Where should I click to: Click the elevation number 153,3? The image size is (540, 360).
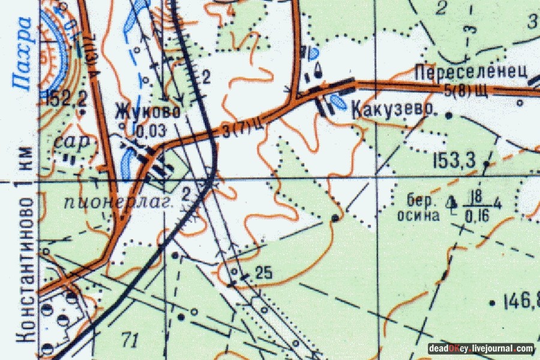click(454, 160)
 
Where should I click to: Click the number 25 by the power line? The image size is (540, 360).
click(263, 273)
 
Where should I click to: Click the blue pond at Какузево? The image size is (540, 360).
click(337, 102)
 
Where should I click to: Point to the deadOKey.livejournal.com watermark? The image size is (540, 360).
click(480, 349)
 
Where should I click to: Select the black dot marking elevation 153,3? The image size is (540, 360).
click(486, 163)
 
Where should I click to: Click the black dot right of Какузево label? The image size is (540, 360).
click(448, 113)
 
